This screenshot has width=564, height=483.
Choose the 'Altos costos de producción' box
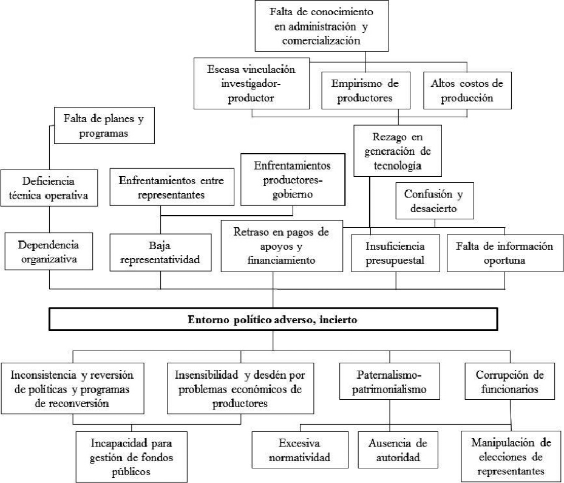[x=457, y=88]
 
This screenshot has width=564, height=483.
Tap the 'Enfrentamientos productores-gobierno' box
[x=293, y=180]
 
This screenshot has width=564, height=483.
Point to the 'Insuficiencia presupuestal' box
[x=396, y=255]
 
